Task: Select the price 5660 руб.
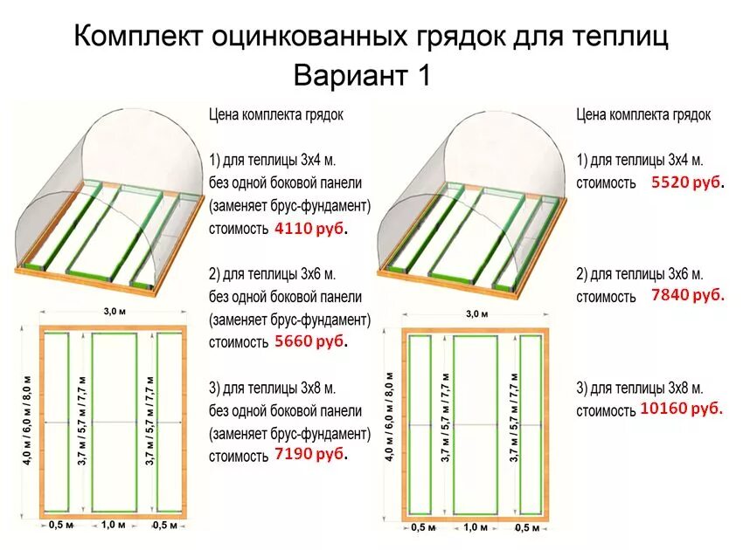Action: (x=310, y=341)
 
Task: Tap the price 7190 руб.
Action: (x=310, y=454)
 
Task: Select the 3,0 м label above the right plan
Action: (x=476, y=313)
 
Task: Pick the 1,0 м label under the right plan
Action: (x=476, y=527)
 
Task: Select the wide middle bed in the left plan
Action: (x=114, y=423)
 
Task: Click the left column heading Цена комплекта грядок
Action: (x=276, y=114)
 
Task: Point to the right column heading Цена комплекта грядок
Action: (x=643, y=114)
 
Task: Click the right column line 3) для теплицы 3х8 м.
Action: (x=640, y=388)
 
